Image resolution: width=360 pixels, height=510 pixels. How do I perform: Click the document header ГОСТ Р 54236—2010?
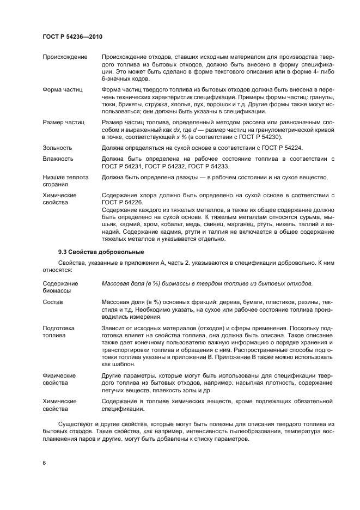point(72,37)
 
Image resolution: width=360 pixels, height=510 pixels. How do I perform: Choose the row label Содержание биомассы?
point(60,287)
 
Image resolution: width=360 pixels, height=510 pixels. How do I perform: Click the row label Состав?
point(53,301)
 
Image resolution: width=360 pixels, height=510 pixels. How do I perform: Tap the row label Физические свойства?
point(59,379)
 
